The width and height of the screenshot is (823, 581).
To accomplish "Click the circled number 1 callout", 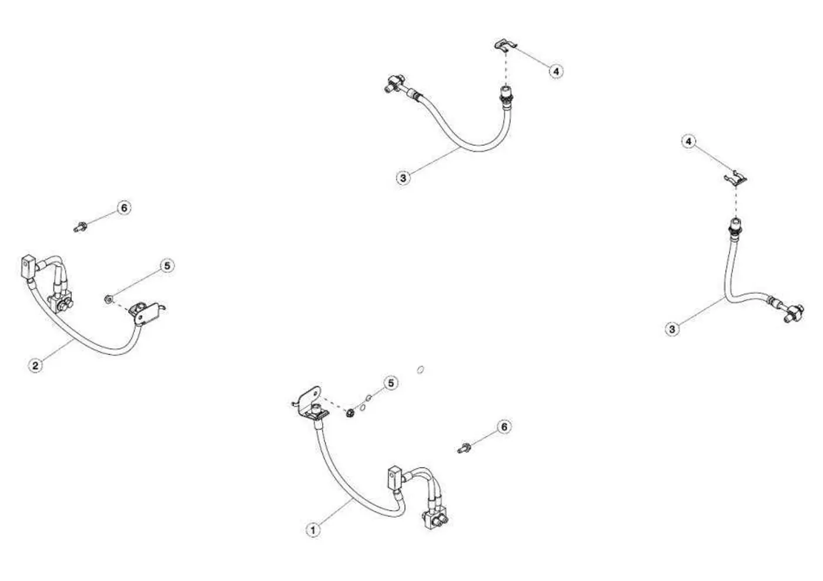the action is (x=313, y=530).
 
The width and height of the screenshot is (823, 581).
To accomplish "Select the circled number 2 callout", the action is (x=35, y=365).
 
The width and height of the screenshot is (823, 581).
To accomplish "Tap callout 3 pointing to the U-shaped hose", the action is (x=403, y=178).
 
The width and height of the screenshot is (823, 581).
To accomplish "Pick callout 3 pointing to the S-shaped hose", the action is (x=672, y=329).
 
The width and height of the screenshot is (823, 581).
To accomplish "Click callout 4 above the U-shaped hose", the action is (x=556, y=71).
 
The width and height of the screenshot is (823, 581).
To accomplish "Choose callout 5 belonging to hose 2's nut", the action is (x=167, y=266).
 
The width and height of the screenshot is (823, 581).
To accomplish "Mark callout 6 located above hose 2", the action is (x=124, y=208).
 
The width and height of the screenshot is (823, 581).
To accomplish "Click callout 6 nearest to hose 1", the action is (x=504, y=426).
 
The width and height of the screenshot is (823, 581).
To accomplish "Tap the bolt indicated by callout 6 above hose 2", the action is (x=79, y=228).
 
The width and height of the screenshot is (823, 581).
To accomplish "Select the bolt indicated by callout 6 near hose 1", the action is (x=464, y=448).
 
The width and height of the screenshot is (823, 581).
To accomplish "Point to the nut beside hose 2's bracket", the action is (x=108, y=299).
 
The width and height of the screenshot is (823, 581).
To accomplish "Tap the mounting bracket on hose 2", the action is (x=147, y=313).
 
